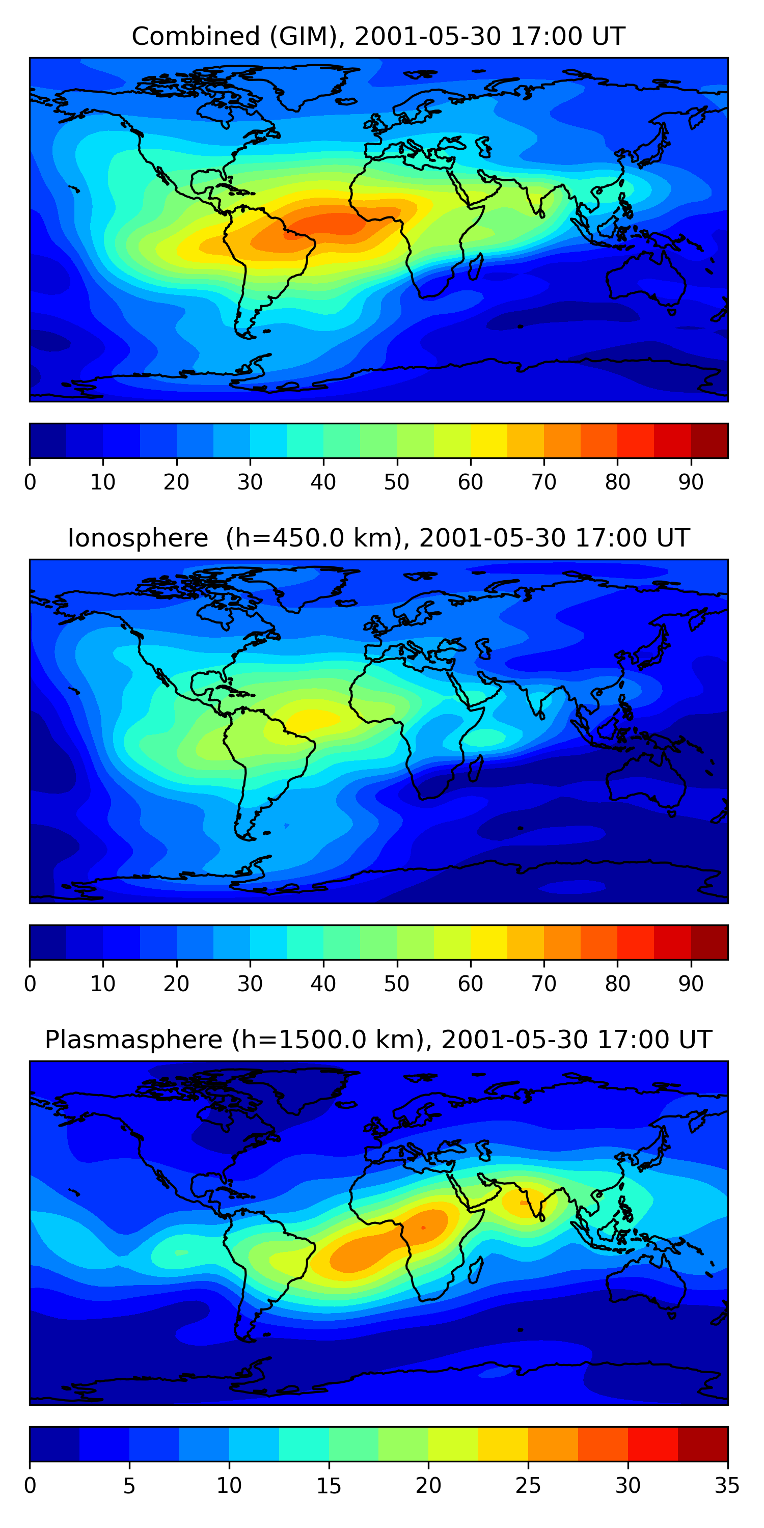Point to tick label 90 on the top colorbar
tap(691, 482)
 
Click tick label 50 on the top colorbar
tap(396, 482)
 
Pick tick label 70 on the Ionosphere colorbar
tap(543, 984)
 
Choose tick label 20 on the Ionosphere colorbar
tap(176, 984)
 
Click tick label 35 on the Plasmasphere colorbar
tap(727, 1486)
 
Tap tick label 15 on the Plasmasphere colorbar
tap(328, 1486)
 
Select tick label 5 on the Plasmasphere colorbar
tap(129, 1486)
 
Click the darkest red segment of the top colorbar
tap(710, 441)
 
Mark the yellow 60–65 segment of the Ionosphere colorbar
tap(489, 943)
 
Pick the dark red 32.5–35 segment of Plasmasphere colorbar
tap(702, 1444)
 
